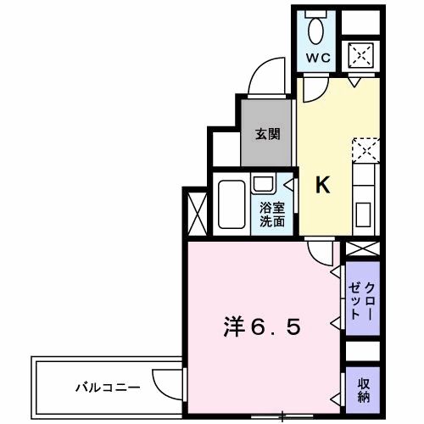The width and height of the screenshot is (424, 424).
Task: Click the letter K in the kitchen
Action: pyautogui.click(x=323, y=185)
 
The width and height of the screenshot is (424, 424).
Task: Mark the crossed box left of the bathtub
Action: pyautogui.click(x=194, y=208)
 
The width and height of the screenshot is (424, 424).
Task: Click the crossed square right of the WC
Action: pyautogui.click(x=360, y=55)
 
